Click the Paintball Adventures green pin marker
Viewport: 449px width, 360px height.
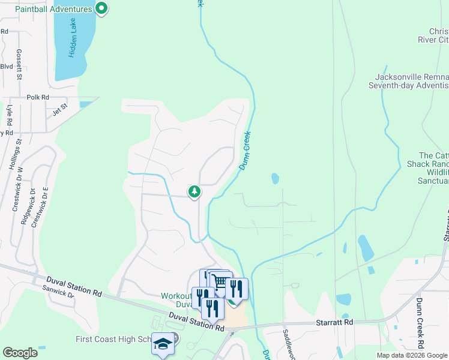click(101, 8)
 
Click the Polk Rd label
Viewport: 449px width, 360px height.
click(38, 97)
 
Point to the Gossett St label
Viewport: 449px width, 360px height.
click(19, 65)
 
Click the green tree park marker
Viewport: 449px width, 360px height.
click(194, 192)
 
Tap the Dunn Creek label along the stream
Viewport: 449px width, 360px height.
click(245, 151)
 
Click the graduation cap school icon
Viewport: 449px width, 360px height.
click(162, 343)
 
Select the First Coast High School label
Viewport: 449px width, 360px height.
click(112, 340)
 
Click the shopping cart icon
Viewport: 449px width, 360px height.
click(220, 281)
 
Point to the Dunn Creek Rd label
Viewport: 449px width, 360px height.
click(420, 323)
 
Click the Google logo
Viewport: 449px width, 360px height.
click(20, 353)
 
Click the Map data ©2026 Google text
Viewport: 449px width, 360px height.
click(412, 355)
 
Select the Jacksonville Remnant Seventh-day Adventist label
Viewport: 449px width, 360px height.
click(412, 81)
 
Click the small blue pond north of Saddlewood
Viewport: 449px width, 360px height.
click(275, 178)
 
